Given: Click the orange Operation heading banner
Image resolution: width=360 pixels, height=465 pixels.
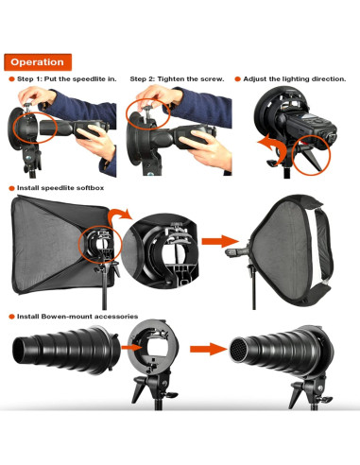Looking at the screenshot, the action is coord(38,62).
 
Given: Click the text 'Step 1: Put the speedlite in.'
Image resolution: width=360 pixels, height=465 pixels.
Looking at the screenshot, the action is coord(67,79).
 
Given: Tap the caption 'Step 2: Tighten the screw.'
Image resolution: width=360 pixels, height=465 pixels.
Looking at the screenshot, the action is coord(177,79).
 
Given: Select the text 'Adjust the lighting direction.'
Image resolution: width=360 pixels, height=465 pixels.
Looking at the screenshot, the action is coord(295,79).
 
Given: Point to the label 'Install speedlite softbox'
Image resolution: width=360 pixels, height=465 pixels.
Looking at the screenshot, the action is coord(60,188).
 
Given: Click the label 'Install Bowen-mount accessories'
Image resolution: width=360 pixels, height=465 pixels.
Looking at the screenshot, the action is coord(77,317).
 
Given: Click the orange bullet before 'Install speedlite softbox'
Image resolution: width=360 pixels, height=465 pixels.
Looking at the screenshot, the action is coord(11,188).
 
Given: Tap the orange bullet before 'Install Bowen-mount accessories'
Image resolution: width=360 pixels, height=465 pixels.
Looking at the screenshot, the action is coord(11,317).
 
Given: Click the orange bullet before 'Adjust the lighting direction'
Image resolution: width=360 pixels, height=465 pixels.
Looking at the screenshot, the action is coord(237,79).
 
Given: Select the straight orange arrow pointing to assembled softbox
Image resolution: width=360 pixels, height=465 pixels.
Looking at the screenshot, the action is coord(220,241).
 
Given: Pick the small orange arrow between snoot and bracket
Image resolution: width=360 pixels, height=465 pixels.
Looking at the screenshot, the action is coord(131,348).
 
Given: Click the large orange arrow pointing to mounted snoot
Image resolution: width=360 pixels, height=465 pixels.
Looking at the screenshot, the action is coord(209,349).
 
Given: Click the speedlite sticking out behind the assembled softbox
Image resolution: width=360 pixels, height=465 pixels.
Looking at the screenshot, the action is coord(237,251).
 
